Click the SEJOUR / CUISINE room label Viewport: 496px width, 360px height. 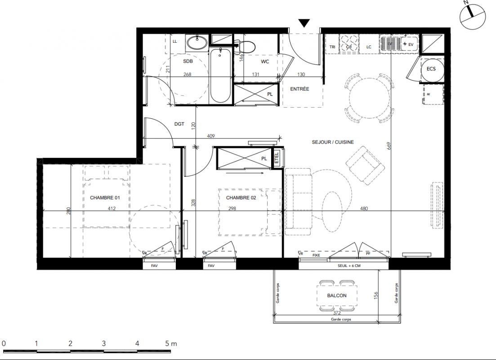[332, 142]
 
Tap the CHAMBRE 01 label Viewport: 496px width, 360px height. [105, 198]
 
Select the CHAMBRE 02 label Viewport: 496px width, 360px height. [241, 198]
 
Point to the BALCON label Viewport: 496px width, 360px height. [336, 295]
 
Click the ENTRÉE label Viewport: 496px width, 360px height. [299, 89]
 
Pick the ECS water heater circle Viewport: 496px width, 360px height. [432, 70]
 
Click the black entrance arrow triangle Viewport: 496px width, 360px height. [304, 23]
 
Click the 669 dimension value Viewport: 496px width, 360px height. [389, 146]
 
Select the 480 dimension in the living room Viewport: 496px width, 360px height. [364, 208]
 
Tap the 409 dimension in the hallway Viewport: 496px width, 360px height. [210, 136]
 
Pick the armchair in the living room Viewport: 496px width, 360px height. [365, 165]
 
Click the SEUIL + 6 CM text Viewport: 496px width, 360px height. [349, 265]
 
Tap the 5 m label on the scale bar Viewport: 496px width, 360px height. [171, 343]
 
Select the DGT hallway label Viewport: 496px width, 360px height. [179, 124]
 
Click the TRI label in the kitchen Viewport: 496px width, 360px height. [332, 47]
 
